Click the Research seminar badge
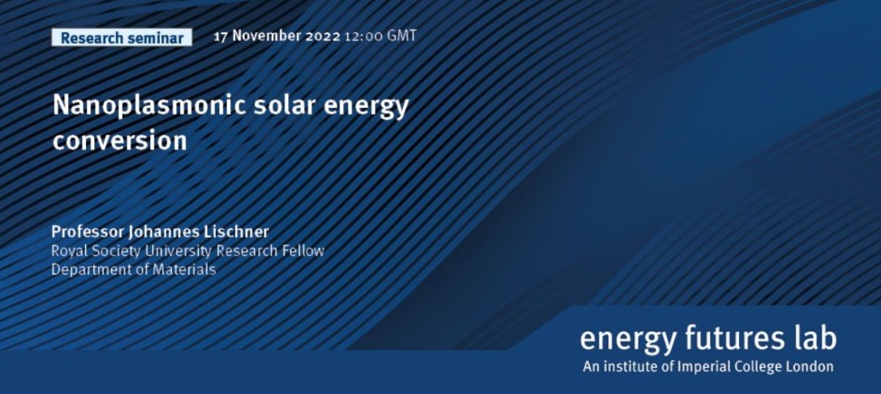point(122,37)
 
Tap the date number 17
point(221,36)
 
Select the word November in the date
point(266,36)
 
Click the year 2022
point(323,36)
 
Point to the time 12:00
point(363,36)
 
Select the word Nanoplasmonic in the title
point(149,107)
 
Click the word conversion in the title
point(120,141)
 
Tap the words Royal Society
point(96,251)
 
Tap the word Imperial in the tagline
point(705,367)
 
